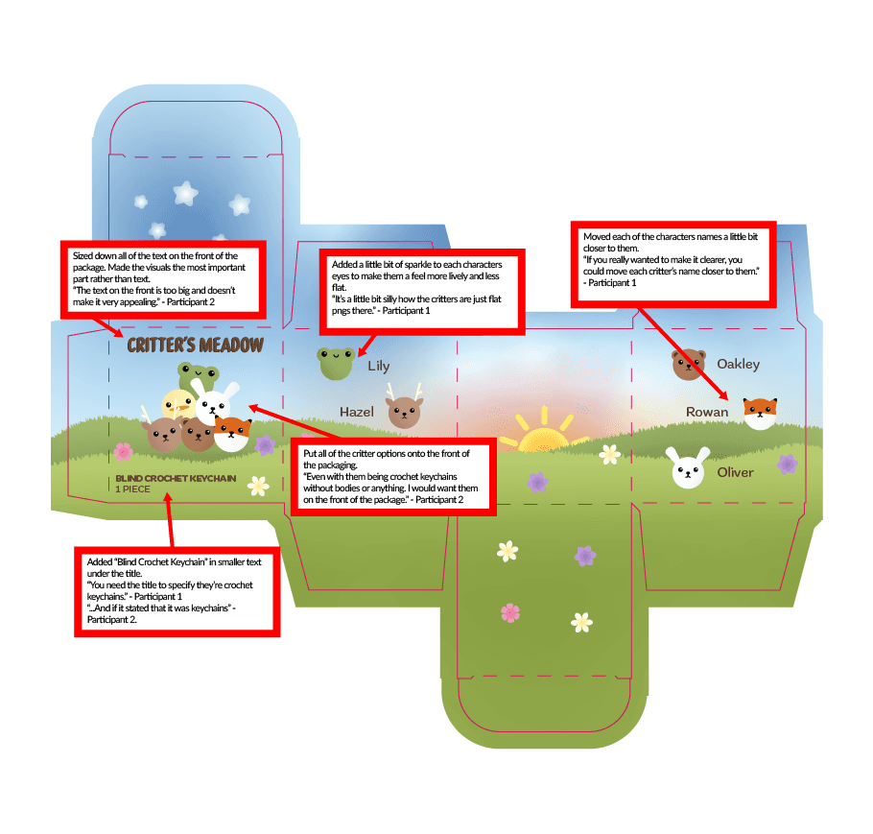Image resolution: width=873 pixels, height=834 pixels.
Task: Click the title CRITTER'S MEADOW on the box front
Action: [x=195, y=346]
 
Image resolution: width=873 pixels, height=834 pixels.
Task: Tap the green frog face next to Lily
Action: [x=336, y=363]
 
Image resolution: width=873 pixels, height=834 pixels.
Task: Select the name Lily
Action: [x=378, y=366]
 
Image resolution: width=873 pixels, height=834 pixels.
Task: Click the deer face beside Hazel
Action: [x=404, y=411]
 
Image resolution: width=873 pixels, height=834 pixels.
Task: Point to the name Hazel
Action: [x=356, y=412]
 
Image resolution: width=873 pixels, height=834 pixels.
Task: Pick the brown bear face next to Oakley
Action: [x=688, y=365]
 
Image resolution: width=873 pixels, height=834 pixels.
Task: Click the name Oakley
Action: [x=738, y=365]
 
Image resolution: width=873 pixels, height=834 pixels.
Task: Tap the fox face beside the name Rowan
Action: [x=760, y=413]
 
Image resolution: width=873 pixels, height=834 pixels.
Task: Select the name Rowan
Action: [x=707, y=413]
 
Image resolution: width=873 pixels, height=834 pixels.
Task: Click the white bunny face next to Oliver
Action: [x=688, y=471]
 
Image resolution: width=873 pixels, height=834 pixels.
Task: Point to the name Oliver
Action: [x=735, y=472]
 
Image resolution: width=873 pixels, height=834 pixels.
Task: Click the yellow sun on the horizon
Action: [x=543, y=437]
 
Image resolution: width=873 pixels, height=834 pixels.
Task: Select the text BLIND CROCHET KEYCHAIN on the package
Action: [x=176, y=478]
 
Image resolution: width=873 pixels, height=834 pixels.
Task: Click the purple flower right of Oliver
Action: [x=788, y=465]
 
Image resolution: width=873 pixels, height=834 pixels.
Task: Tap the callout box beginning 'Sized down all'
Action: [x=160, y=278]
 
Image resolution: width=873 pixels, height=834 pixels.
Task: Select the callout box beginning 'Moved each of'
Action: [x=674, y=260]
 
